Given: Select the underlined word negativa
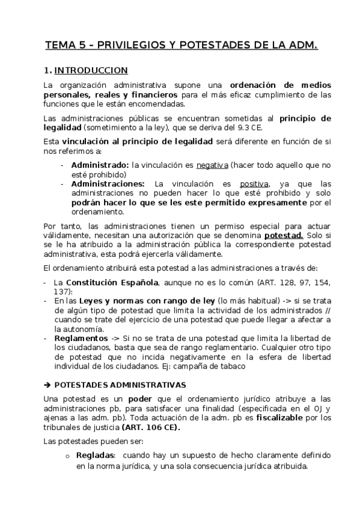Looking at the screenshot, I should (x=212, y=165).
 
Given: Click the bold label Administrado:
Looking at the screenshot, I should (x=100, y=165).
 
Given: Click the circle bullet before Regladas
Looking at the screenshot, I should (x=68, y=458).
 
